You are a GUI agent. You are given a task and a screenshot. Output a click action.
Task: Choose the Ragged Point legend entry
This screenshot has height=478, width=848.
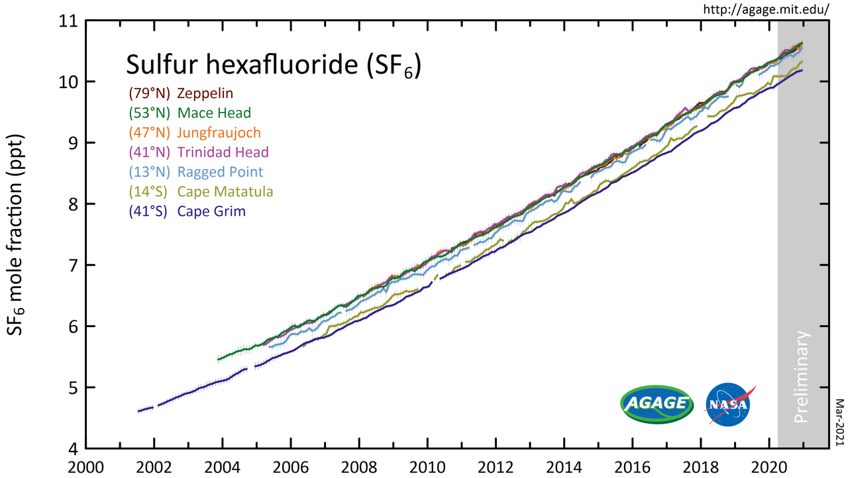tap(196, 172)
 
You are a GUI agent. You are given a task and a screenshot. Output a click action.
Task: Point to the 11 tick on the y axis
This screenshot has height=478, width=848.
tap(67, 21)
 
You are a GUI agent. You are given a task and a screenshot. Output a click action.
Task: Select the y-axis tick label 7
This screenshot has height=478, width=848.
tap(72, 265)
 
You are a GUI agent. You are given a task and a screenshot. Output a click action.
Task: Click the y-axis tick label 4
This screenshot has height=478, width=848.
tap(72, 449)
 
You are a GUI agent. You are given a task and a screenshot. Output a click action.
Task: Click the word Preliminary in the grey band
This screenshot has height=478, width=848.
tap(803, 376)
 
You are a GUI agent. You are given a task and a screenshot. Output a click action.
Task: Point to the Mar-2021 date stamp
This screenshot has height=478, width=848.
tap(839, 424)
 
